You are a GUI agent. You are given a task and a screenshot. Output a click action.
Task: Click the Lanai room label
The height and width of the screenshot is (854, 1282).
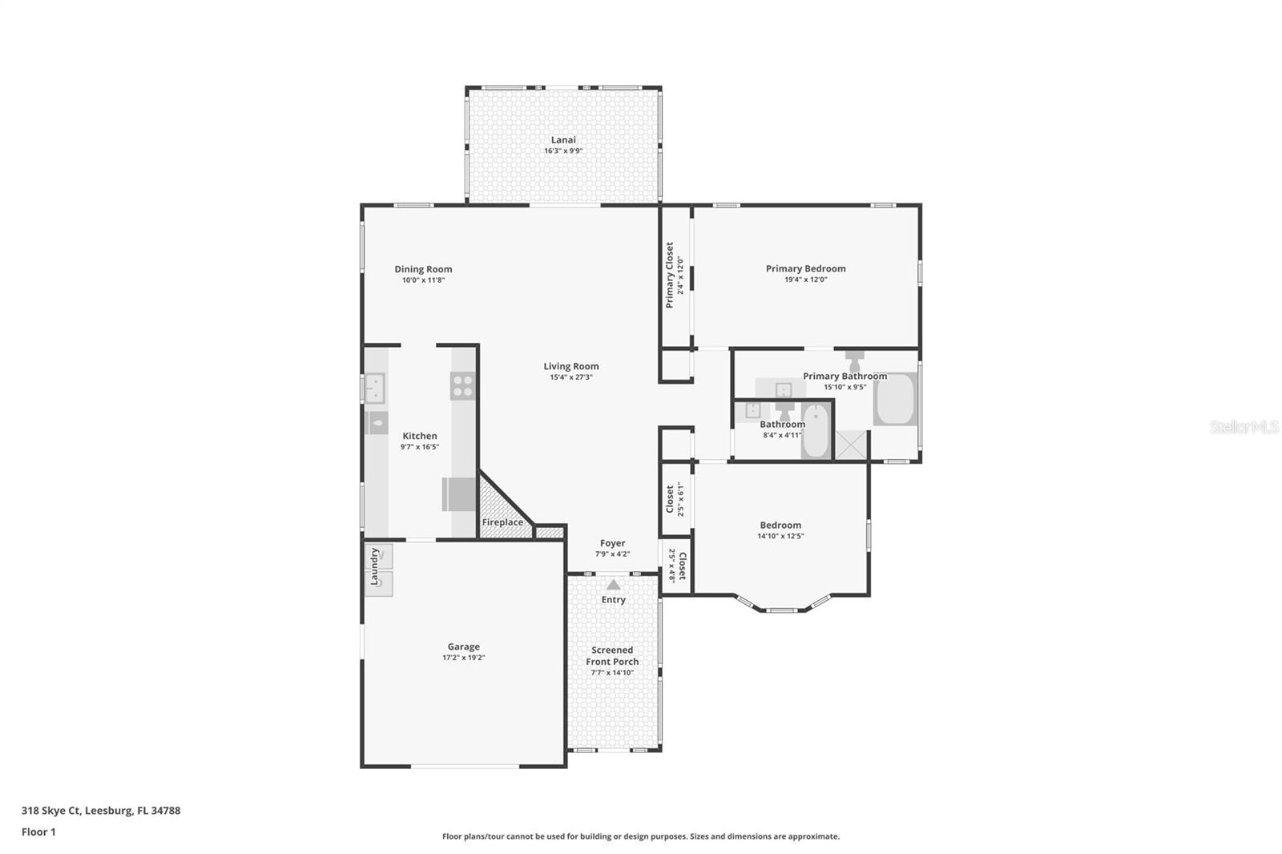click(x=563, y=139)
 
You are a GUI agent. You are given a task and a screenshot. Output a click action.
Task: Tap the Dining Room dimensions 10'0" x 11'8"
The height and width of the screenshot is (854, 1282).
click(x=423, y=280)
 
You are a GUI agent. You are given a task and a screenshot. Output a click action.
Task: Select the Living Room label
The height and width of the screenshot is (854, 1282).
click(x=570, y=366)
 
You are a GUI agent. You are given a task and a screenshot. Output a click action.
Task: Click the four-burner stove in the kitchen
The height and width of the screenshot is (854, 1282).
click(x=462, y=386)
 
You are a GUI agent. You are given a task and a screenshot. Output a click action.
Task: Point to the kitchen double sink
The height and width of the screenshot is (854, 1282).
click(x=375, y=389)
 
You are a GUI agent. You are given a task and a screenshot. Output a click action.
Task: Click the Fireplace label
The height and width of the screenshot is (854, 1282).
click(x=502, y=522)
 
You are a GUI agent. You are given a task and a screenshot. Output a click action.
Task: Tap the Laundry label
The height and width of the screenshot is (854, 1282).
click(x=374, y=566)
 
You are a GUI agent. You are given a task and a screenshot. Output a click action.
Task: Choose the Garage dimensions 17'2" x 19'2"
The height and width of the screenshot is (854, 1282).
click(x=464, y=658)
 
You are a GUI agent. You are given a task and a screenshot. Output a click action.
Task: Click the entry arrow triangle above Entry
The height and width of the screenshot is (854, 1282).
click(x=613, y=585)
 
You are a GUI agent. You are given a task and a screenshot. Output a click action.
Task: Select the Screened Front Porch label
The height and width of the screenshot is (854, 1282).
click(x=612, y=656)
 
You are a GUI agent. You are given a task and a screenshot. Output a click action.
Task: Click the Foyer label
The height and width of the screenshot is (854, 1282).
click(x=612, y=543)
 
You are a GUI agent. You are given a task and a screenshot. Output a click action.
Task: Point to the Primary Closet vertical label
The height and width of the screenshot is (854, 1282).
click(x=670, y=275)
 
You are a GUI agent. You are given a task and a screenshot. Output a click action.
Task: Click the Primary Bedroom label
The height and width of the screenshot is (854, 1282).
click(x=805, y=268)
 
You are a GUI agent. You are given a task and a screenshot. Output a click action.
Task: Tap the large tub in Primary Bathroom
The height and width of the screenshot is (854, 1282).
click(x=895, y=398)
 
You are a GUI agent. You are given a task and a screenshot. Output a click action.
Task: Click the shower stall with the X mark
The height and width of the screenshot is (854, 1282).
click(x=852, y=445)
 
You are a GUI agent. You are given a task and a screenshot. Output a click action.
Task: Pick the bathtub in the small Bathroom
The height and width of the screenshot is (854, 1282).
click(x=816, y=433)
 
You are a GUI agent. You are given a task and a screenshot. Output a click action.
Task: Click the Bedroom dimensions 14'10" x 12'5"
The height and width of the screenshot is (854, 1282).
click(x=780, y=537)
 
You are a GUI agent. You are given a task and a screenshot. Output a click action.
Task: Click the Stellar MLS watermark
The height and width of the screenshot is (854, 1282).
click(x=1244, y=427)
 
